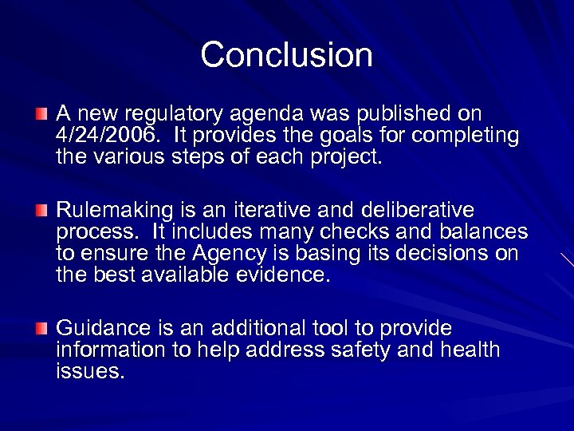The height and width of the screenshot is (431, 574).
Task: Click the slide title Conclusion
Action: tap(287, 55)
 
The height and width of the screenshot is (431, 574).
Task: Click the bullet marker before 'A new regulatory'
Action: tap(41, 115)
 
